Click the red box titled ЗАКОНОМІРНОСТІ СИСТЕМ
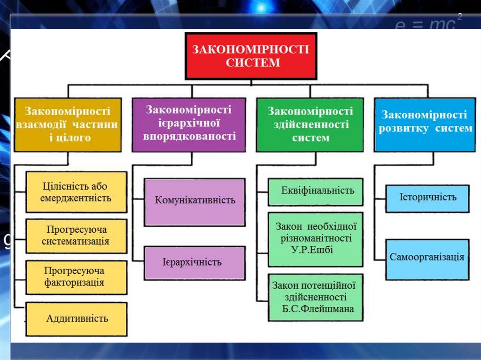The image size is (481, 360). pyautogui.click(x=251, y=55)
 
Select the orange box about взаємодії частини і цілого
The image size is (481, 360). pyautogui.click(x=68, y=124)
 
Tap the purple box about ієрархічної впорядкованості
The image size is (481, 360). pyautogui.click(x=188, y=124)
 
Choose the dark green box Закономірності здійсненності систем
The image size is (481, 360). pyautogui.click(x=310, y=124)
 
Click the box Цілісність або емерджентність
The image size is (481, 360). pyautogui.click(x=76, y=192)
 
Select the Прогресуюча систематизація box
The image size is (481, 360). pyautogui.click(x=76, y=236)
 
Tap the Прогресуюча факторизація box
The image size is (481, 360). pyautogui.click(x=76, y=277)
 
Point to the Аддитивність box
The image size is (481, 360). pyautogui.click(x=76, y=319)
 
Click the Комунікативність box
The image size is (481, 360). pyautogui.click(x=194, y=201)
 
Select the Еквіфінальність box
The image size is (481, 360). pyautogui.click(x=315, y=191)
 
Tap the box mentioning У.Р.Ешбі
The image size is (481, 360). pyautogui.click(x=315, y=238)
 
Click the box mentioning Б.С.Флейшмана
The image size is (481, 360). pyautogui.click(x=315, y=297)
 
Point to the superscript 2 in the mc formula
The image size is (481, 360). pyautogui.click(x=460, y=17)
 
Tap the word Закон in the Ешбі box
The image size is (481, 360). pyautogui.click(x=286, y=226)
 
